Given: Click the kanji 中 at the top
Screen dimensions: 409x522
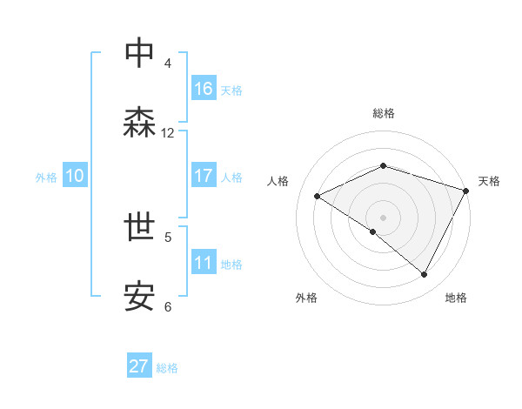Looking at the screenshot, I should point(139,53).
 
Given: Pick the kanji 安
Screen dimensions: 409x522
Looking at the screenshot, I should point(139,298).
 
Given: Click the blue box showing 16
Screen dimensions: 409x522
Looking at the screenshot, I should point(204,89).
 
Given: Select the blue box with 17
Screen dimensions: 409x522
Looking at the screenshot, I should point(204,176).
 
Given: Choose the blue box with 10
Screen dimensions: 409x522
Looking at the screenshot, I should point(75,176).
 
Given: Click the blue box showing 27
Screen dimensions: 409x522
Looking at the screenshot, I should point(139,366).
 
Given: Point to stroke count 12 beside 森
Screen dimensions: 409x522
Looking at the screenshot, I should point(168,133).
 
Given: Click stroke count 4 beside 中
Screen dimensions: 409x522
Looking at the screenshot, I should point(168,63).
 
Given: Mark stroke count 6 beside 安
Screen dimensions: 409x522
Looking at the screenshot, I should point(168,306).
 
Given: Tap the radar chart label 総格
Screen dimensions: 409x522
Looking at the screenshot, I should point(383,113).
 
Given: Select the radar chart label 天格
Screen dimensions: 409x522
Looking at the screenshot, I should point(489,181).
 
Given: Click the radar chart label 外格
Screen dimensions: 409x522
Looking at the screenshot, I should point(306,298).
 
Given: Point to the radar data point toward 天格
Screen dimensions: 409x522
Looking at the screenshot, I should point(467,191).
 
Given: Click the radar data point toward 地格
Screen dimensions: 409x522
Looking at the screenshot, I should point(425,275).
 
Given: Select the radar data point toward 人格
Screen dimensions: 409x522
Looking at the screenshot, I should point(318,197).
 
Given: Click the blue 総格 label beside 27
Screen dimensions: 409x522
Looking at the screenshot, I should point(167,367).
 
